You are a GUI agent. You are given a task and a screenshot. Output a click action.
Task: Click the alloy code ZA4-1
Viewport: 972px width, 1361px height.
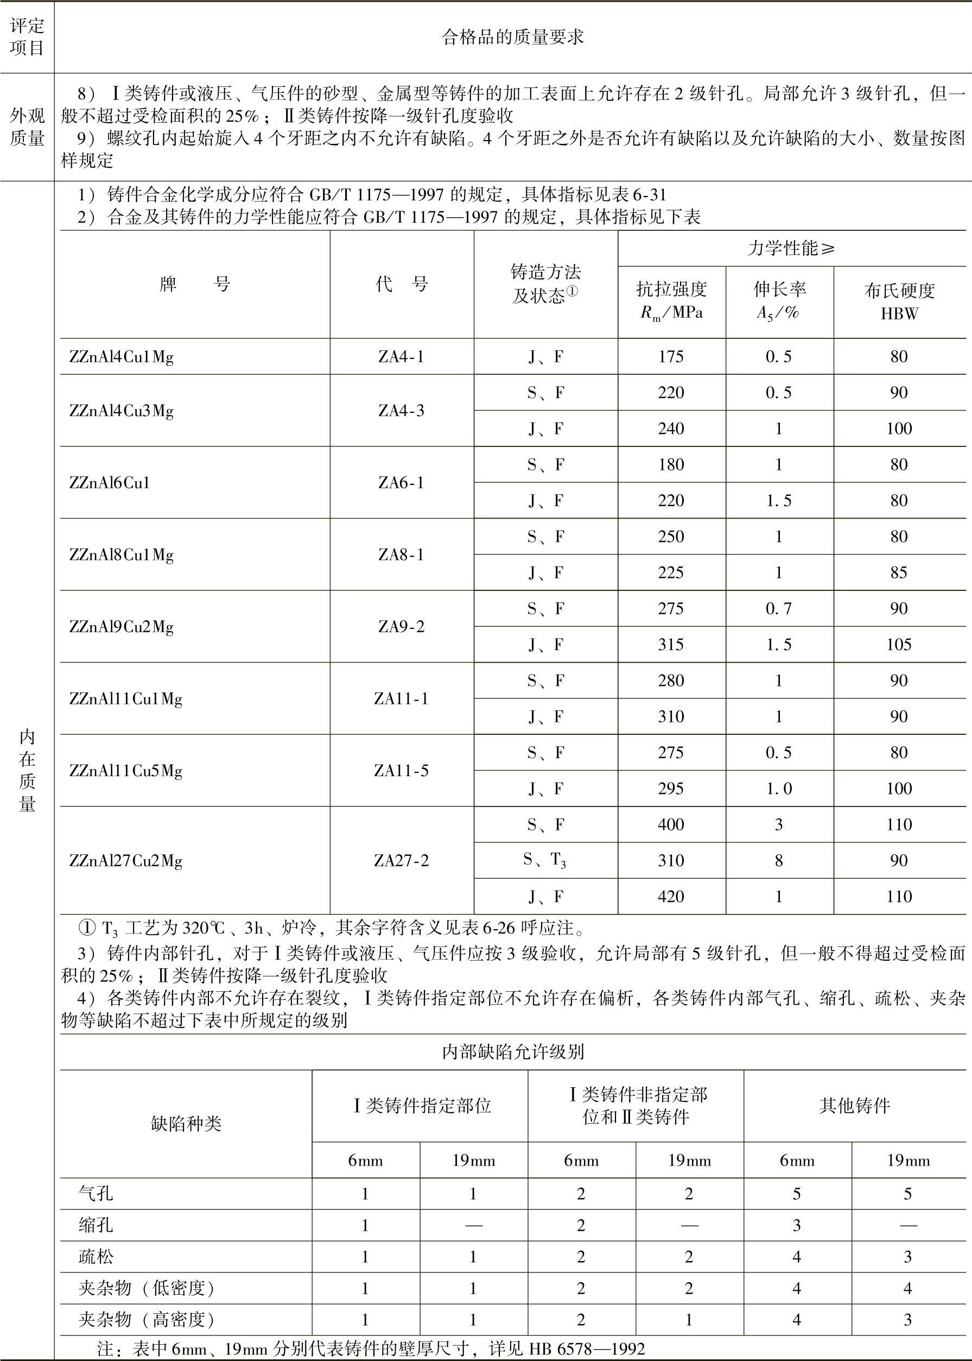coord(401,357)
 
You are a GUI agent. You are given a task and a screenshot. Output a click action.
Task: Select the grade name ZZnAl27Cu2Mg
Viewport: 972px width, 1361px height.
coord(126,860)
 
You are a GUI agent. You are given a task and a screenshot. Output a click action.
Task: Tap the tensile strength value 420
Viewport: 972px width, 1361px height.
coord(670,896)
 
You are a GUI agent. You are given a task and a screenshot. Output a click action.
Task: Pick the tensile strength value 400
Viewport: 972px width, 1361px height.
coord(670,824)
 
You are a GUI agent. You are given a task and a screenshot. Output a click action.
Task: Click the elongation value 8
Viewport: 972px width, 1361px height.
coord(779,860)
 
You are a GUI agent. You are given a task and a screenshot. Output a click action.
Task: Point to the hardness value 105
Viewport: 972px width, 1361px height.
coord(899,644)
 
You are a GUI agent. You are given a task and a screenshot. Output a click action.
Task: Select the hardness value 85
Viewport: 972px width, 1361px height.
coord(899,572)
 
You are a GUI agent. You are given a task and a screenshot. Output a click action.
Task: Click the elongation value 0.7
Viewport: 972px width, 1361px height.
coord(779,608)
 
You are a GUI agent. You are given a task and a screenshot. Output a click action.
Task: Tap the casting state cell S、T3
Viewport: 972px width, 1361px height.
coord(545,860)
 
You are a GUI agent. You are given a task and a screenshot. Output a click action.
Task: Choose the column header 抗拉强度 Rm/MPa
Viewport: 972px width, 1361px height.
coord(671,301)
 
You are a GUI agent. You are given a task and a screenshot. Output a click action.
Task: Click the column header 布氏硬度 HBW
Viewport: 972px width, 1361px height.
coord(899,301)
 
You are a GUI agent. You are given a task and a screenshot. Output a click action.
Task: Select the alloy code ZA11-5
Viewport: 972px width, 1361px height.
coord(401,771)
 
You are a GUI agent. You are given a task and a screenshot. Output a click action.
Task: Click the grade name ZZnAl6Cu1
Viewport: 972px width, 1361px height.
coord(110,483)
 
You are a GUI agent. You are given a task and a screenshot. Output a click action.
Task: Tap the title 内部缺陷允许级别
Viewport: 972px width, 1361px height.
coord(512,1051)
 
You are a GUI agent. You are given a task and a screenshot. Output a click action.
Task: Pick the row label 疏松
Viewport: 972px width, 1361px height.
coord(96,1256)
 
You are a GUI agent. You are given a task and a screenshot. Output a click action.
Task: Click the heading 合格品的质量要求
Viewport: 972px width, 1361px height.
coord(512,37)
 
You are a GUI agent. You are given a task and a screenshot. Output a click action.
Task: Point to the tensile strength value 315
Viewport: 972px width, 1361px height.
coord(670,644)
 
